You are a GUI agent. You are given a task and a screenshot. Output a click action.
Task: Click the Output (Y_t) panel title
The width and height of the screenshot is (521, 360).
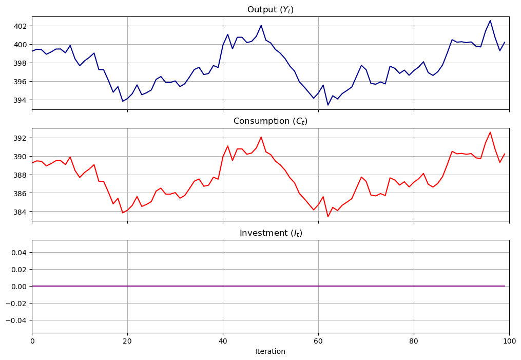pyautogui.click(x=270, y=10)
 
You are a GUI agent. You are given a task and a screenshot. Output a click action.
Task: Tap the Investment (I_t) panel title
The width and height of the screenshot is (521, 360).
pyautogui.click(x=270, y=233)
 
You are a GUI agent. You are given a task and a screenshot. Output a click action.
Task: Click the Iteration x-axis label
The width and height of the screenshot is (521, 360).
pyautogui.click(x=270, y=352)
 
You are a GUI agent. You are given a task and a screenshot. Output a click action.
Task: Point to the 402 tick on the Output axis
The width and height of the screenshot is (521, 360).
pyautogui.click(x=21, y=26)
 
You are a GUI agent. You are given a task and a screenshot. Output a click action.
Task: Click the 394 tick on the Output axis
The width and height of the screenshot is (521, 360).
pyautogui.click(x=21, y=100)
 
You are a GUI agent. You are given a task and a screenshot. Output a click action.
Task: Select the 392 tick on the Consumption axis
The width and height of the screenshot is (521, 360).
pyautogui.click(x=21, y=138)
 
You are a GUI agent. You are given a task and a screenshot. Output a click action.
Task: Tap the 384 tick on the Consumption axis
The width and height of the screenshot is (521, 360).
pyautogui.click(x=21, y=212)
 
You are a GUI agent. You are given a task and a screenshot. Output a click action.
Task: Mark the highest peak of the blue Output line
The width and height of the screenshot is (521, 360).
pyautogui.click(x=490, y=21)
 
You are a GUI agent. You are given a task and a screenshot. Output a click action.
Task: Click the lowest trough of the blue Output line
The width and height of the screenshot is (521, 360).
pyautogui.click(x=328, y=105)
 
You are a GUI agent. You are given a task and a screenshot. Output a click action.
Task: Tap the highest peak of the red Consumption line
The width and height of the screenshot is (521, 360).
pyautogui.click(x=490, y=132)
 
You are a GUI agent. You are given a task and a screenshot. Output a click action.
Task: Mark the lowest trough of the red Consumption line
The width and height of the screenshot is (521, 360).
pyautogui.click(x=328, y=217)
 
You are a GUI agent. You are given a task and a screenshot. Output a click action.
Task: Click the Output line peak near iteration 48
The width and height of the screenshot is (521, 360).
pyautogui.click(x=261, y=25)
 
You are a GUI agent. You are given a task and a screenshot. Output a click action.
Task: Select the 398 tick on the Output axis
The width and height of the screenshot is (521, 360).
pyautogui.click(x=21, y=63)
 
